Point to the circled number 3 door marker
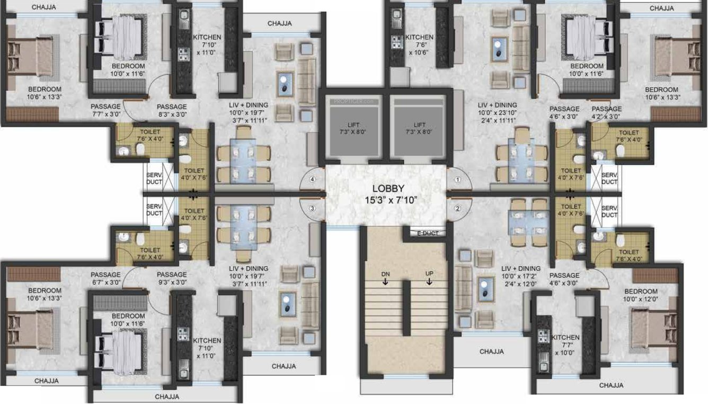coord(313,208)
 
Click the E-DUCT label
coord(426,233)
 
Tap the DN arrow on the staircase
coord(385,277)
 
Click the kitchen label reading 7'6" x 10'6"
coord(419,45)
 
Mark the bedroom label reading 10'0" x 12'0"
coord(641,295)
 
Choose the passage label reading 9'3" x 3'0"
coord(172,278)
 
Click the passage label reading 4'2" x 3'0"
coord(607,112)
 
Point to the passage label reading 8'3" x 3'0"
coord(172,110)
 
